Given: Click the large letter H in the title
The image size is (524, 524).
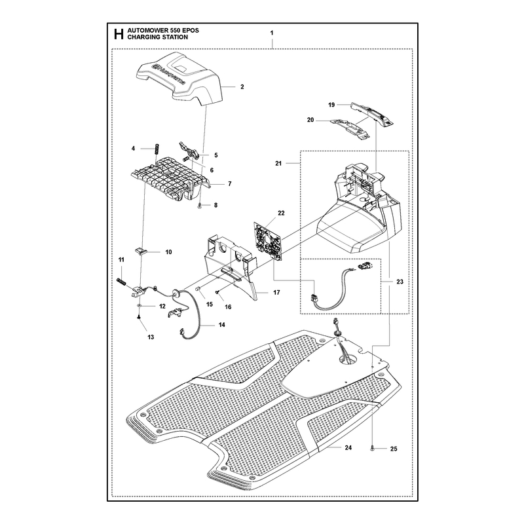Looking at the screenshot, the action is click(119, 34).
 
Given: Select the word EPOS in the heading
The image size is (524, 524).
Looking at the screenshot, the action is click(190, 30).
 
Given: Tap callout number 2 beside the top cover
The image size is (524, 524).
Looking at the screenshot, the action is click(242, 87).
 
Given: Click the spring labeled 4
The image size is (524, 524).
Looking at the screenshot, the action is click(156, 149).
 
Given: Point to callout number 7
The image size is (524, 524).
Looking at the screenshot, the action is click(230, 184).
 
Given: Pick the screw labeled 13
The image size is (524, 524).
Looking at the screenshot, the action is click(139, 318).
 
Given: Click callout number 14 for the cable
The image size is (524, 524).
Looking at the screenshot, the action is click(222, 324).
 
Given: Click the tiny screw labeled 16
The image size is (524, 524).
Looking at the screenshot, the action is click(217, 292).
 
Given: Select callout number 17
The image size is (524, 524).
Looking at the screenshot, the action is click(276, 292).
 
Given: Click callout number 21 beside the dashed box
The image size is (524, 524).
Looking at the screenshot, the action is click(278, 163).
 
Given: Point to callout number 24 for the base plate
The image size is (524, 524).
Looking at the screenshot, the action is click(348, 447).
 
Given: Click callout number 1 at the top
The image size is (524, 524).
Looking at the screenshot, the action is click(272, 33).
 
